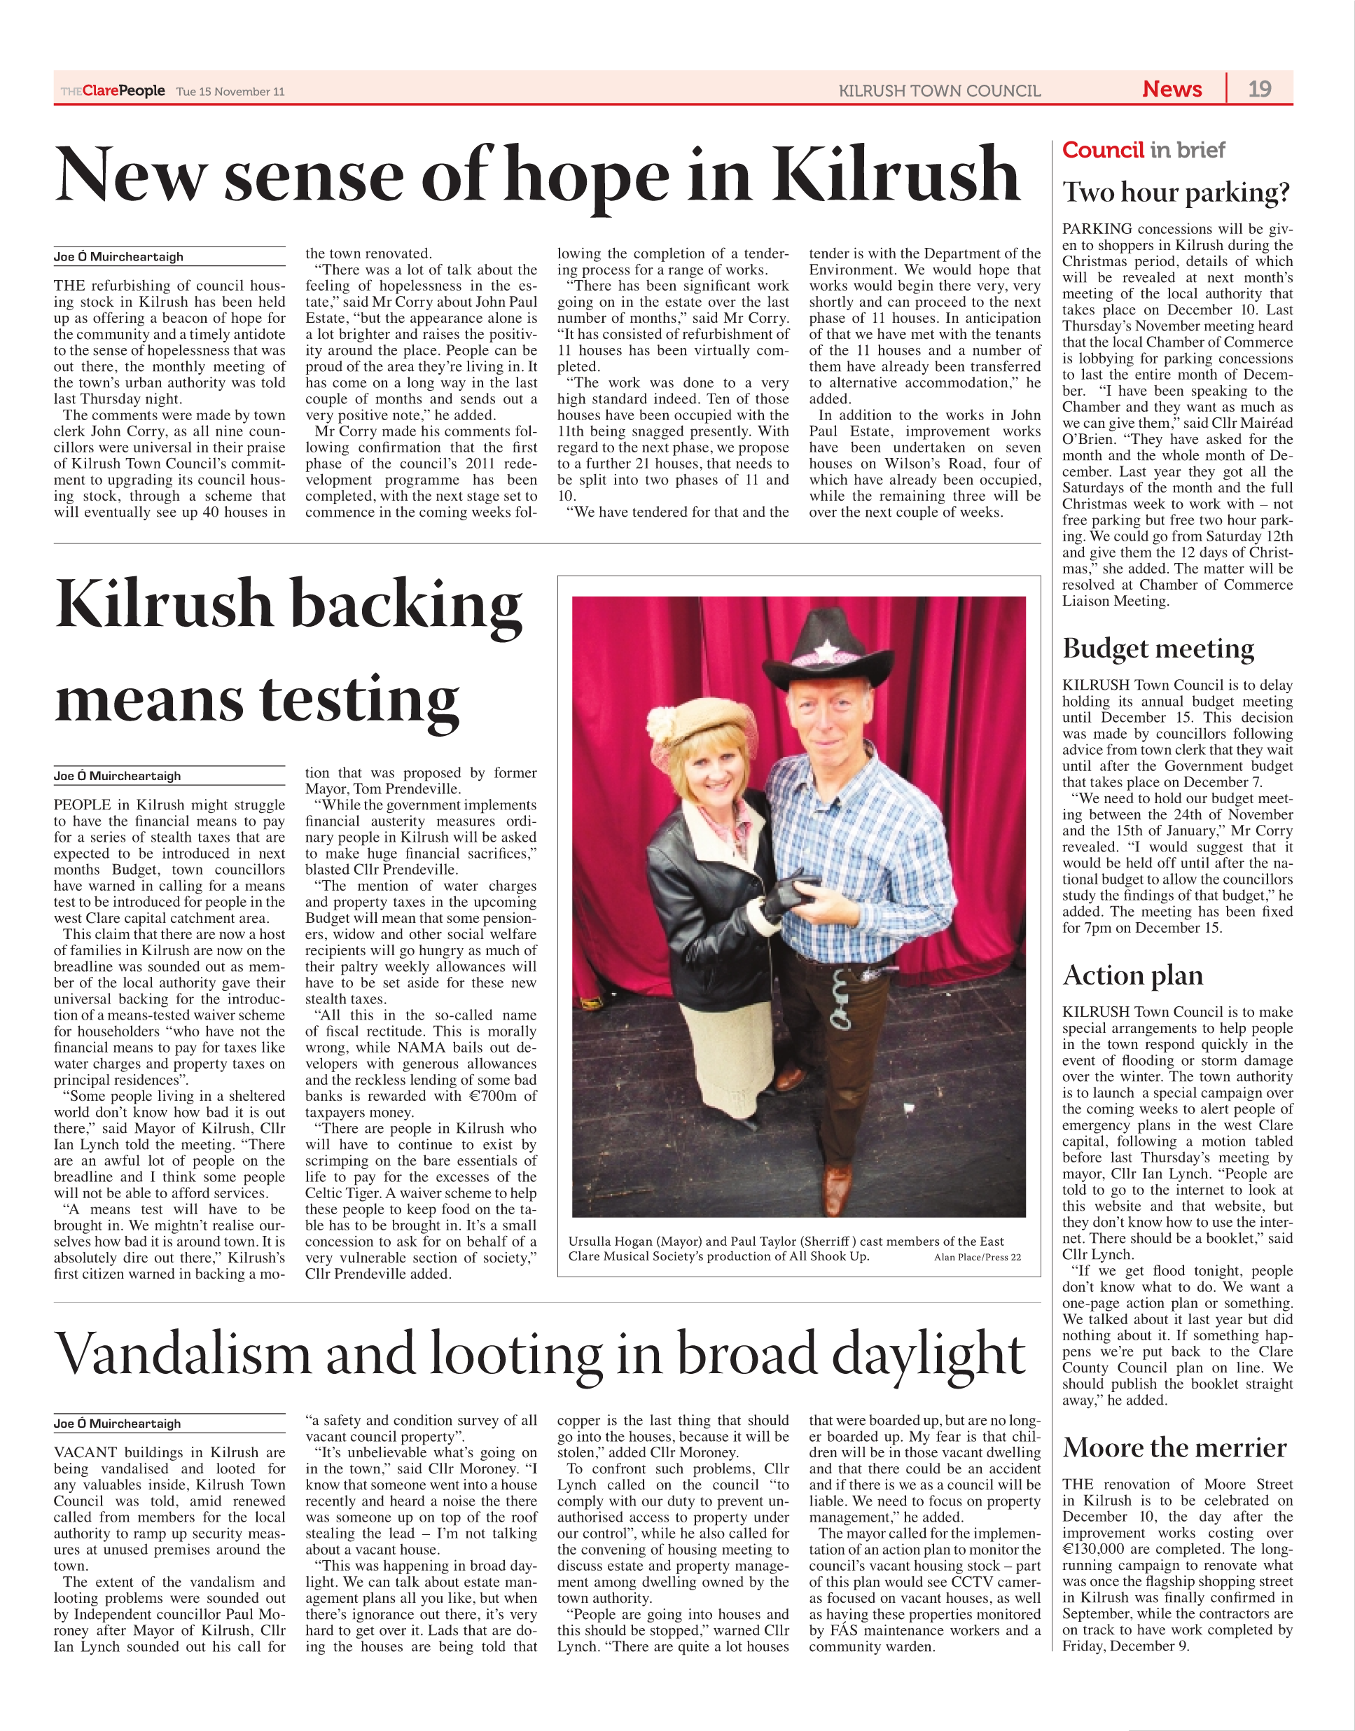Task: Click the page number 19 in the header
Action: tap(1259, 89)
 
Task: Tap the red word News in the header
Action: tap(1172, 89)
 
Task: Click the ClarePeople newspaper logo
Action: tap(113, 90)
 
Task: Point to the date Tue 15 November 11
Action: tap(230, 91)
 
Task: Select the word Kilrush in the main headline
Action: tap(895, 174)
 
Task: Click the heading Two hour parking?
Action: tap(1176, 192)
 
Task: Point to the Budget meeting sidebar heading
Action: tap(1158, 648)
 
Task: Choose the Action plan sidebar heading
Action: tap(1133, 975)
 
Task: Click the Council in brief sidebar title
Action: tap(1144, 150)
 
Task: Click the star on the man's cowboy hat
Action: tap(826, 650)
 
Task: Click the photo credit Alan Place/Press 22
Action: tap(978, 1257)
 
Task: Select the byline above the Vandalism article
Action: tap(118, 1423)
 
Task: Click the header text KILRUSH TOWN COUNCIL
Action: tap(939, 91)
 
